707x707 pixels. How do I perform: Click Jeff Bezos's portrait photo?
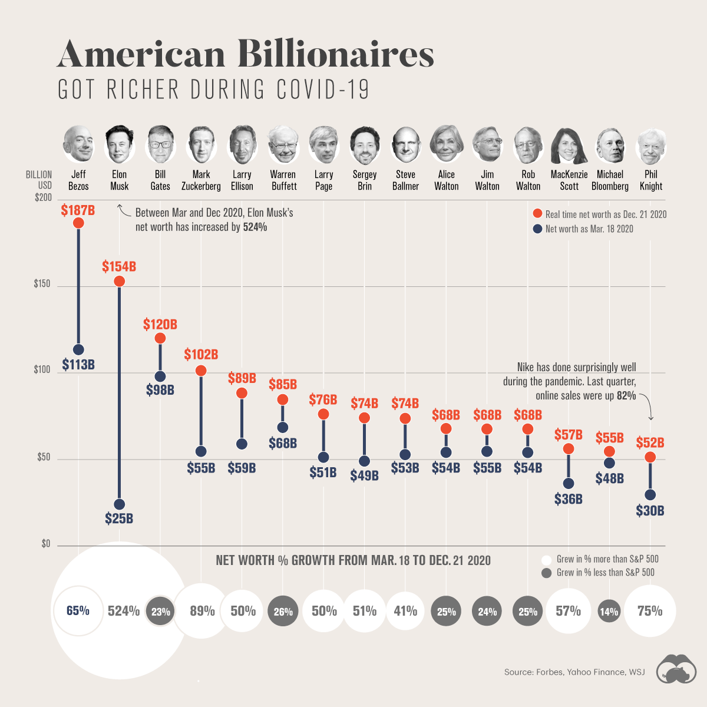click(x=78, y=144)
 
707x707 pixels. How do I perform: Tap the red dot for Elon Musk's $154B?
click(x=119, y=281)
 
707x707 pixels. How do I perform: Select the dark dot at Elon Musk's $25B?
click(x=119, y=504)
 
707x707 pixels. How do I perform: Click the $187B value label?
click(x=78, y=210)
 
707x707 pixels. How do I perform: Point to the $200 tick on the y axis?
click(x=43, y=198)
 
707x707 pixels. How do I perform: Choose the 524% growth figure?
click(x=124, y=611)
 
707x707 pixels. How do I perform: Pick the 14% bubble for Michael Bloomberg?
click(x=609, y=612)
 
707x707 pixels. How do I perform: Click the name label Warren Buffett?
click(x=283, y=180)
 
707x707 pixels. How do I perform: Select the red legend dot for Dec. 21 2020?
click(x=537, y=214)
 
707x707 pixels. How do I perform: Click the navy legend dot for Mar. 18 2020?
click(x=537, y=229)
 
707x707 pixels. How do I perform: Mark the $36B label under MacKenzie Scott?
click(x=569, y=499)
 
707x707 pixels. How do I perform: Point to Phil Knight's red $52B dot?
click(x=650, y=457)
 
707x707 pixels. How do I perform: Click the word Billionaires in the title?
click(x=336, y=54)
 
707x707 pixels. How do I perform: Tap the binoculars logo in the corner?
click(x=676, y=669)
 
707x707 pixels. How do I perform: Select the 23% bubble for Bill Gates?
click(x=160, y=612)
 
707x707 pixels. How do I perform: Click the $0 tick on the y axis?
click(x=45, y=544)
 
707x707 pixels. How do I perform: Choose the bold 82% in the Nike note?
click(x=626, y=396)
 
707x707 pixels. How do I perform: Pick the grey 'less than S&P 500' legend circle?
click(x=546, y=573)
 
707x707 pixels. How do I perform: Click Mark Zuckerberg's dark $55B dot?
click(x=201, y=451)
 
